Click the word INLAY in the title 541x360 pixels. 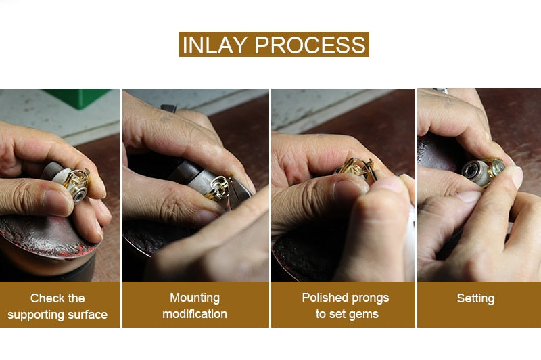[x=214, y=45]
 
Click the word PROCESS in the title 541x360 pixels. [x=310, y=45]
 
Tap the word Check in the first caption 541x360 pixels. [x=43, y=298]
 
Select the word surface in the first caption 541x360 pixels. [x=88, y=315]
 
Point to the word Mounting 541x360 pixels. [x=195, y=298]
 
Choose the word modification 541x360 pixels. [x=195, y=314]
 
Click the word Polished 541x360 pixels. [x=325, y=298]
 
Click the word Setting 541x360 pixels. [x=475, y=298]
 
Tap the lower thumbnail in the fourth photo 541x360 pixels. [x=466, y=196]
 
